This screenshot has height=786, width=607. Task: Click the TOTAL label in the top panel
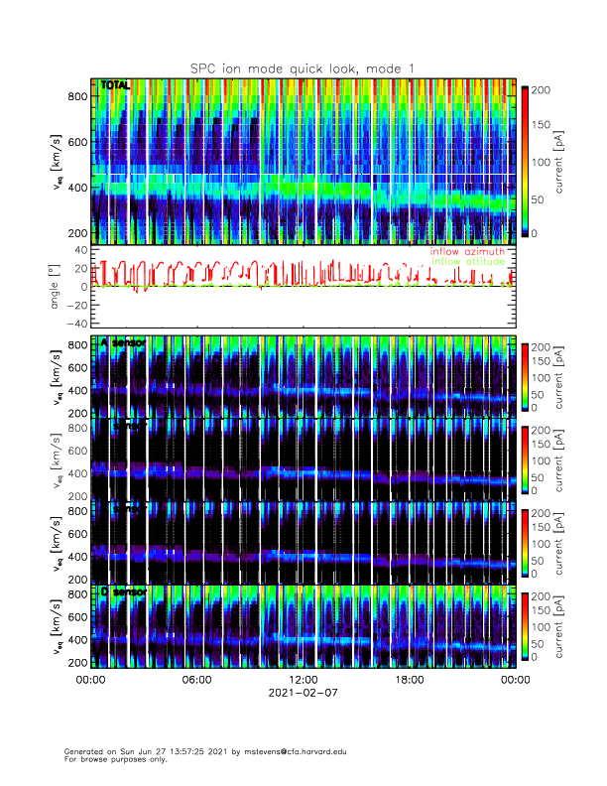pyautogui.click(x=115, y=86)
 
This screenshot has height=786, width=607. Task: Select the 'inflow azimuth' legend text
pyautogui.click(x=467, y=252)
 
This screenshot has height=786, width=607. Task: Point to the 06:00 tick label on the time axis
pyautogui.click(x=196, y=680)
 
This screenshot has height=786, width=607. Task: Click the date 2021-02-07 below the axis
pyautogui.click(x=303, y=694)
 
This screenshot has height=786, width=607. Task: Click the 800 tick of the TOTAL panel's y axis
pyautogui.click(x=77, y=95)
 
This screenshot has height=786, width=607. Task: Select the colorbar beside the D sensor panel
pyautogui.click(x=525, y=625)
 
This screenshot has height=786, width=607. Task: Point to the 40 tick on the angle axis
pyautogui.click(x=80, y=250)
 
